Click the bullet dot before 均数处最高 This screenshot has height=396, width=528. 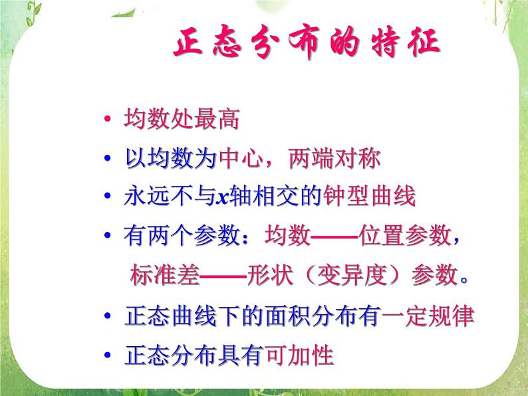tap(108, 122)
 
